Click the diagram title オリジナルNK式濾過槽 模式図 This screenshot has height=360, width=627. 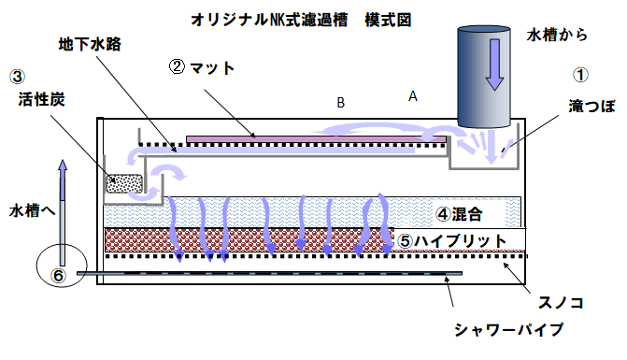[287, 18]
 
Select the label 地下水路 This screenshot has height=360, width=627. [90, 44]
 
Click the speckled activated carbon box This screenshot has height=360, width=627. [123, 184]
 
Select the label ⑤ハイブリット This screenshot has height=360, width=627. [452, 240]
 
